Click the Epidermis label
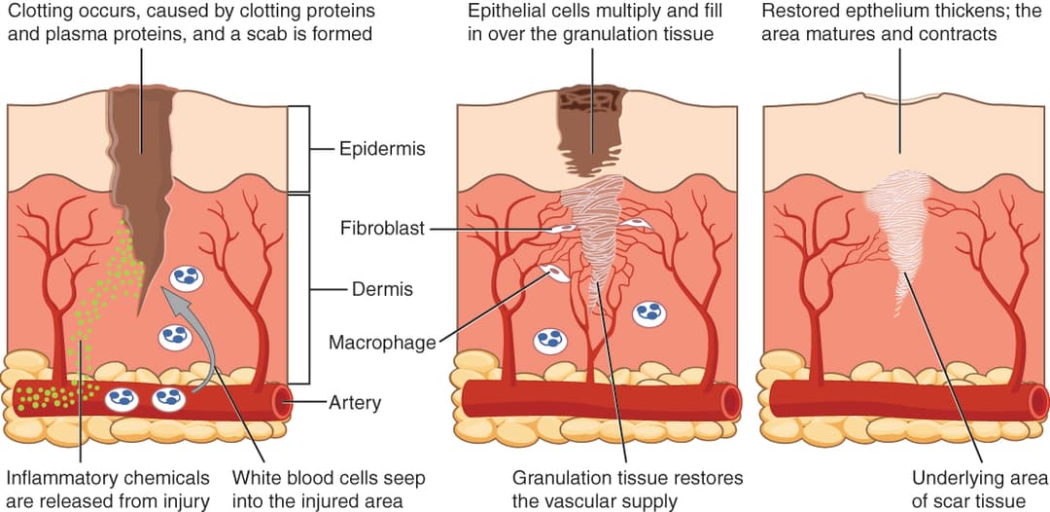coord(382,150)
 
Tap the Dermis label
coord(382,289)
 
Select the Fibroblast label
coord(382,230)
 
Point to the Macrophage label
coord(382,343)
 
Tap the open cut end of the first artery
coord(283,402)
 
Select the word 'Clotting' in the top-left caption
coord(40,13)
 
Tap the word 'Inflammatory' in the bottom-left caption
coord(58,479)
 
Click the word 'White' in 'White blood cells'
coord(256,479)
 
